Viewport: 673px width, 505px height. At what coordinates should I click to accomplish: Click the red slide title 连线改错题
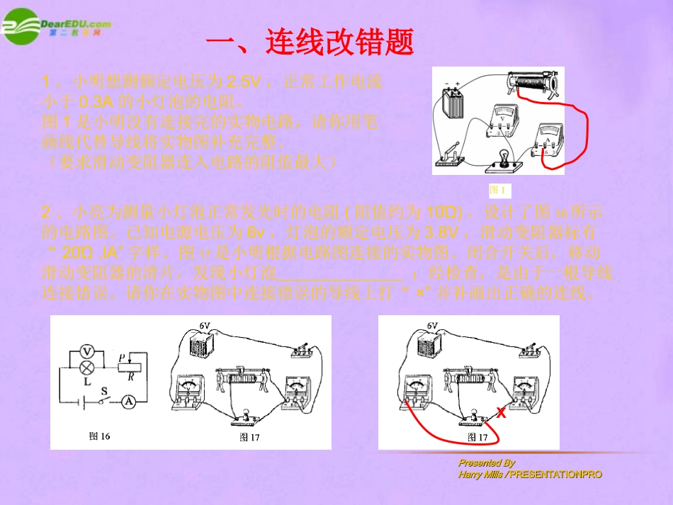pyautogui.click(x=310, y=43)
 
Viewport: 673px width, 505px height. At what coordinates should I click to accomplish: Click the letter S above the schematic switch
pyautogui.click(x=104, y=389)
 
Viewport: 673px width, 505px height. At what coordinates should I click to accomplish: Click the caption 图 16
pyautogui.click(x=100, y=436)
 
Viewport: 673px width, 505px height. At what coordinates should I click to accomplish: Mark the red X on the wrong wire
pyautogui.click(x=501, y=412)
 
